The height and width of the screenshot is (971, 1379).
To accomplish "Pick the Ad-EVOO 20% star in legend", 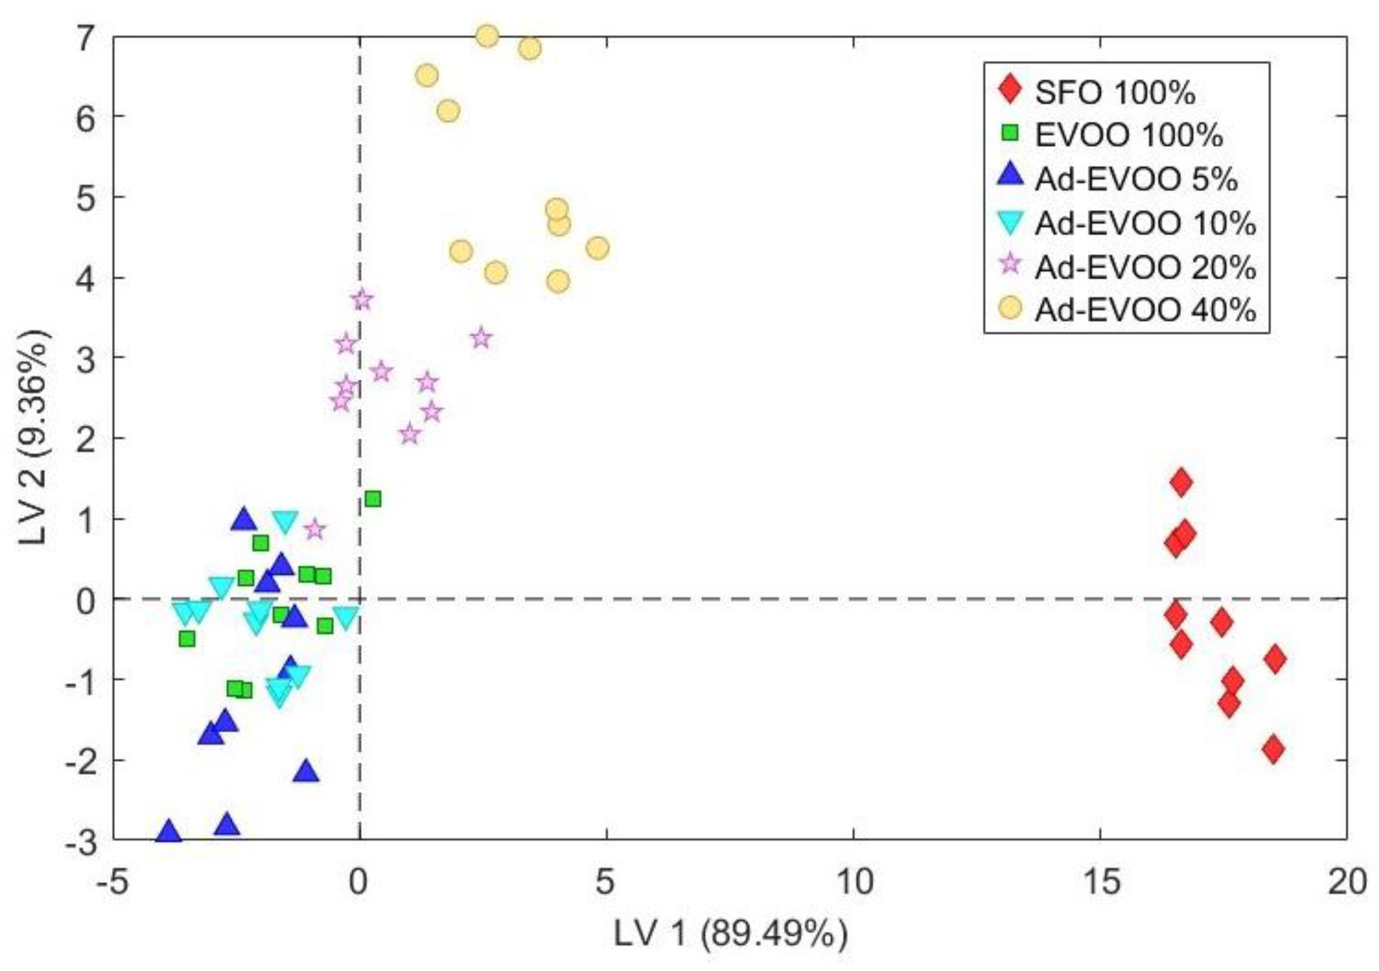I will pos(1011,264).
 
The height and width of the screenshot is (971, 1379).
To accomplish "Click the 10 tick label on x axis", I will pos(853,882).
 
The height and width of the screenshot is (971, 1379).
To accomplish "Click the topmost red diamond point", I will pos(1181,482).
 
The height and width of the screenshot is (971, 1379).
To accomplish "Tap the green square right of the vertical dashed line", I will pos(373,499).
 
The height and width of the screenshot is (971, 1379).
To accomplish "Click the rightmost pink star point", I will pos(480,338).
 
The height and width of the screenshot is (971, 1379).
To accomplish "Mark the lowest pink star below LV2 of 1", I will pos(314,529).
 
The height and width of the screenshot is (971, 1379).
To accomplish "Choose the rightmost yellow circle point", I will pos(597,248).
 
